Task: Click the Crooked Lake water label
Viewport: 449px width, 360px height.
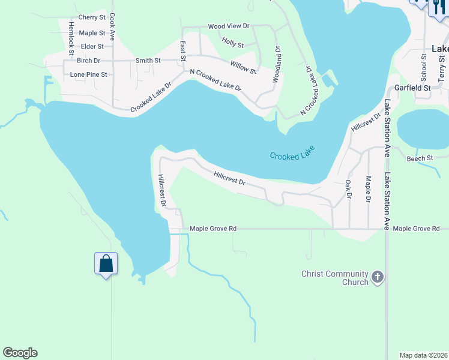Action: pyautogui.click(x=292, y=152)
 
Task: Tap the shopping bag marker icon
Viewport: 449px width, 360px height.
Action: pyautogui.click(x=106, y=263)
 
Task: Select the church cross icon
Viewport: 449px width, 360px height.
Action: pyautogui.click(x=377, y=277)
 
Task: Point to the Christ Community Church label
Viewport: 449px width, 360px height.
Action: pyautogui.click(x=334, y=278)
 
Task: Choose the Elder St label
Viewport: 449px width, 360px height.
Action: pyautogui.click(x=92, y=46)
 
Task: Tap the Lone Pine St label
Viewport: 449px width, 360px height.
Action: pyautogui.click(x=88, y=74)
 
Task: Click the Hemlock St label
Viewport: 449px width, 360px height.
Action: pyautogui.click(x=71, y=37)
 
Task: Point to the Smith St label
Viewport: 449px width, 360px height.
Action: pyautogui.click(x=148, y=61)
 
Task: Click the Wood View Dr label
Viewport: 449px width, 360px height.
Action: pyautogui.click(x=228, y=26)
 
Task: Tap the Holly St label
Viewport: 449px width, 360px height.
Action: pyautogui.click(x=232, y=44)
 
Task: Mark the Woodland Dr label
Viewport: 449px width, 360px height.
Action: pyautogui.click(x=277, y=64)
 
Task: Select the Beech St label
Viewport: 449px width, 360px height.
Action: pyautogui.click(x=420, y=158)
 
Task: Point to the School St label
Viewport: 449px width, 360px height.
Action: pyautogui.click(x=423, y=67)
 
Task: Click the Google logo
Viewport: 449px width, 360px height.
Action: pyautogui.click(x=20, y=353)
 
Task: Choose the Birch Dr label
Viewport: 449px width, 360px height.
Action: pyautogui.click(x=88, y=61)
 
